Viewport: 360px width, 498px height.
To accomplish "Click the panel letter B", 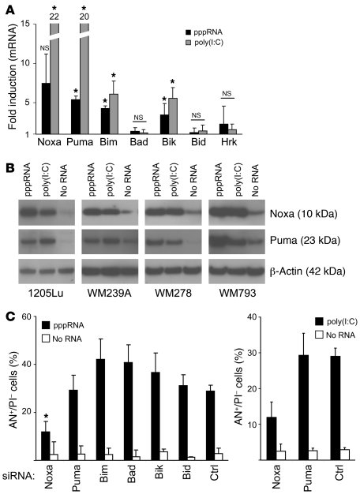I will (9, 167).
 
